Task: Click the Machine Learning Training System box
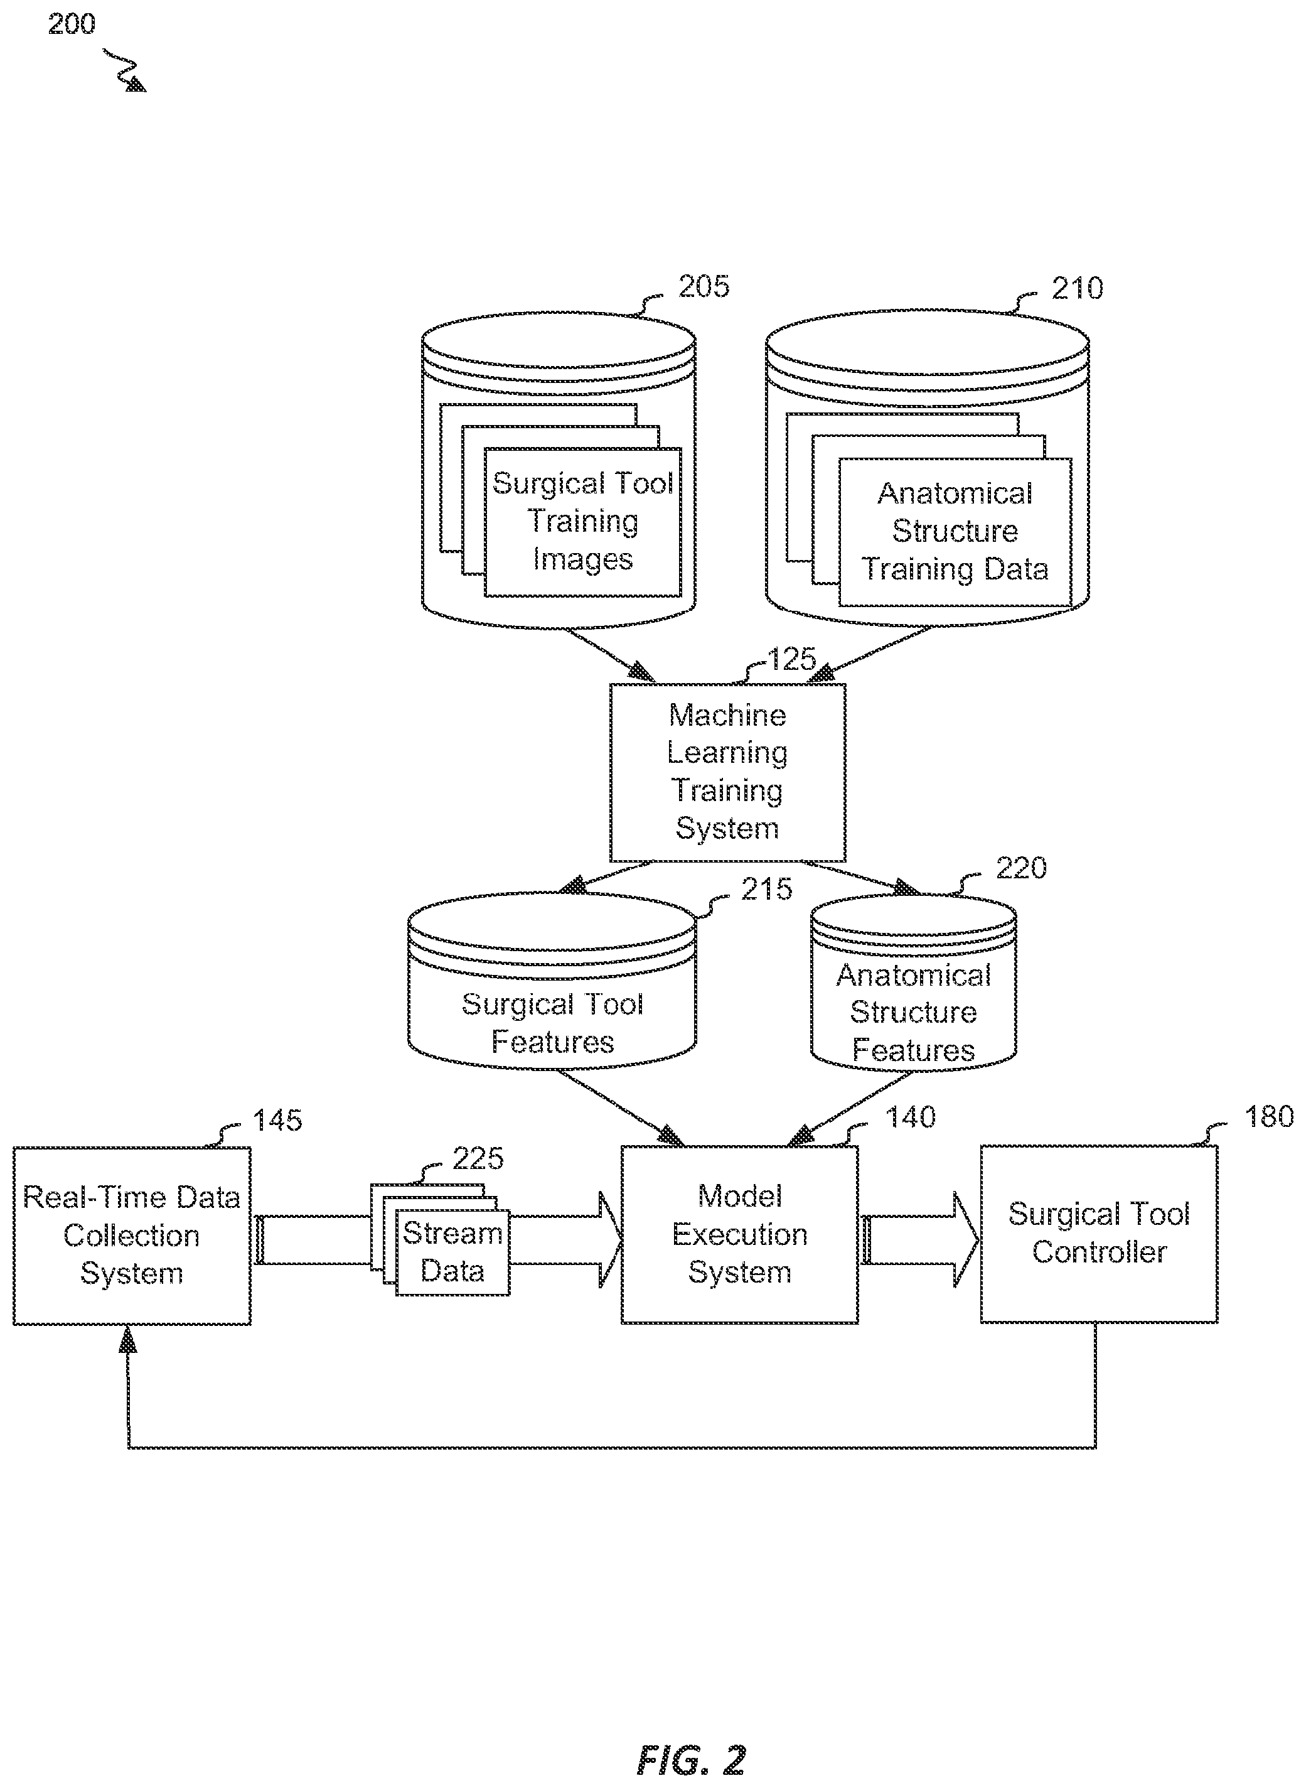point(727,773)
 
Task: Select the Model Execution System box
point(739,1234)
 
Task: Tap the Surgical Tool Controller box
point(1099,1234)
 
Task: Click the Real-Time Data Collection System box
point(132,1236)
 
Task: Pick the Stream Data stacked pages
point(441,1239)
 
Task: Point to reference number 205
point(704,286)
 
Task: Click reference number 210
point(1077,288)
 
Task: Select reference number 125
point(791,659)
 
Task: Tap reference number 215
point(767,889)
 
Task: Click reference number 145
point(277,1120)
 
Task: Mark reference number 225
point(478,1158)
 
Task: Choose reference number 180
point(1269,1117)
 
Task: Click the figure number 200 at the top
point(71,24)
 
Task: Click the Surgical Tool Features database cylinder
point(552,981)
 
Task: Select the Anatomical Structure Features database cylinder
point(913,983)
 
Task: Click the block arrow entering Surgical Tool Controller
point(919,1239)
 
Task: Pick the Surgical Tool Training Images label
point(582,521)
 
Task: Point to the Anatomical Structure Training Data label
point(955,531)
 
